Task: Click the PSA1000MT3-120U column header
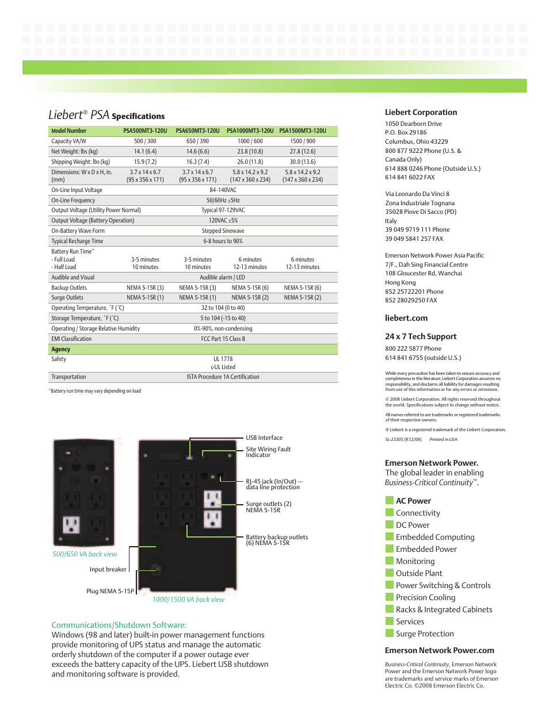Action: (250, 131)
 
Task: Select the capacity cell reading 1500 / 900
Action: (302, 141)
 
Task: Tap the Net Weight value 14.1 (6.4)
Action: (145, 152)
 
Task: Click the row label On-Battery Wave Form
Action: (78, 231)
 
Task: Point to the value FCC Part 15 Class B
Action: (223, 339)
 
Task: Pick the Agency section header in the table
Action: (61, 350)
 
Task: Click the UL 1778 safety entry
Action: (223, 359)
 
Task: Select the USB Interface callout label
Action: (264, 438)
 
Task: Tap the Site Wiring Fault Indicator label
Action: (268, 452)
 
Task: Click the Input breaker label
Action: (108, 570)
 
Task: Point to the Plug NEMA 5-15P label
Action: (110, 592)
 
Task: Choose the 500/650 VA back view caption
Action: (85, 555)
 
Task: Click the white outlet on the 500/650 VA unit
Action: (71, 525)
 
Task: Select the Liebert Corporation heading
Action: (421, 113)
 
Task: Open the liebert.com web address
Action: (406, 318)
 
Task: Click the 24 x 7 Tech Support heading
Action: (420, 337)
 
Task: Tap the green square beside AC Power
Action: (390, 501)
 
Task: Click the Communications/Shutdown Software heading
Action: (119, 625)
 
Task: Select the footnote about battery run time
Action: (96, 391)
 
